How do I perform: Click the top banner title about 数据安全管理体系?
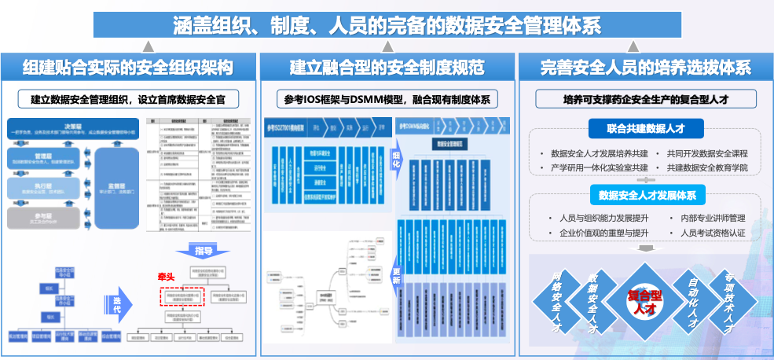[x=387, y=25]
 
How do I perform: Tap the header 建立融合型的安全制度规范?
[x=387, y=68]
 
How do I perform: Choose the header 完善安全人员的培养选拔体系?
[x=645, y=68]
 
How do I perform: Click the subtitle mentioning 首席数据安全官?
[x=129, y=100]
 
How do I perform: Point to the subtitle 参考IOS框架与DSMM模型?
[x=387, y=100]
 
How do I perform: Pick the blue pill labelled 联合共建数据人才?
[x=644, y=128]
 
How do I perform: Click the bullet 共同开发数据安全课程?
[x=706, y=153]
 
